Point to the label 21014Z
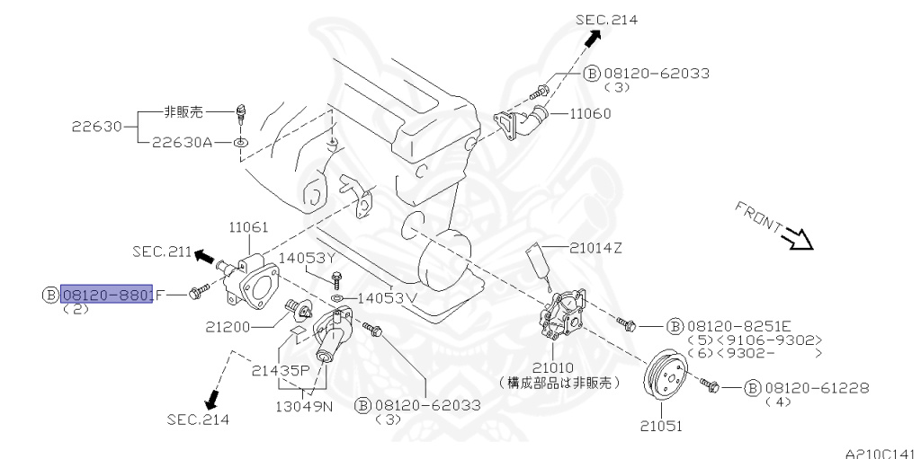click(x=595, y=247)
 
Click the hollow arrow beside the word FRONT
click(x=797, y=239)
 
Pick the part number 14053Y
click(x=308, y=257)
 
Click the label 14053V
click(x=388, y=297)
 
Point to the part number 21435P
click(x=281, y=369)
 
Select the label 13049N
click(x=305, y=404)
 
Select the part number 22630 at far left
click(x=96, y=127)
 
